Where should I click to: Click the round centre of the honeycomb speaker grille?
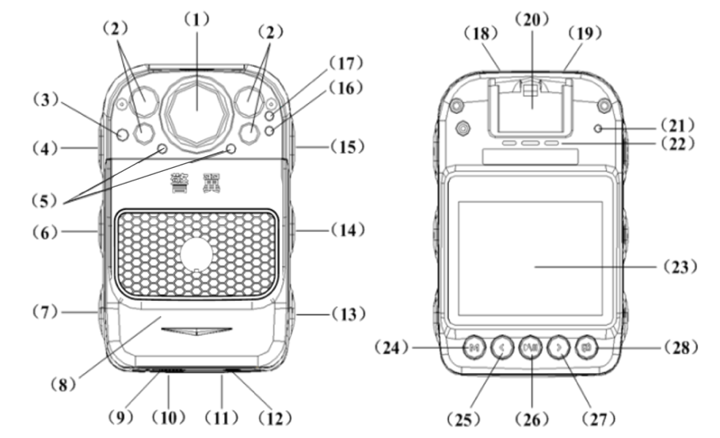pyautogui.click(x=196, y=255)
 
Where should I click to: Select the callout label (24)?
pyautogui.click(x=394, y=347)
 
